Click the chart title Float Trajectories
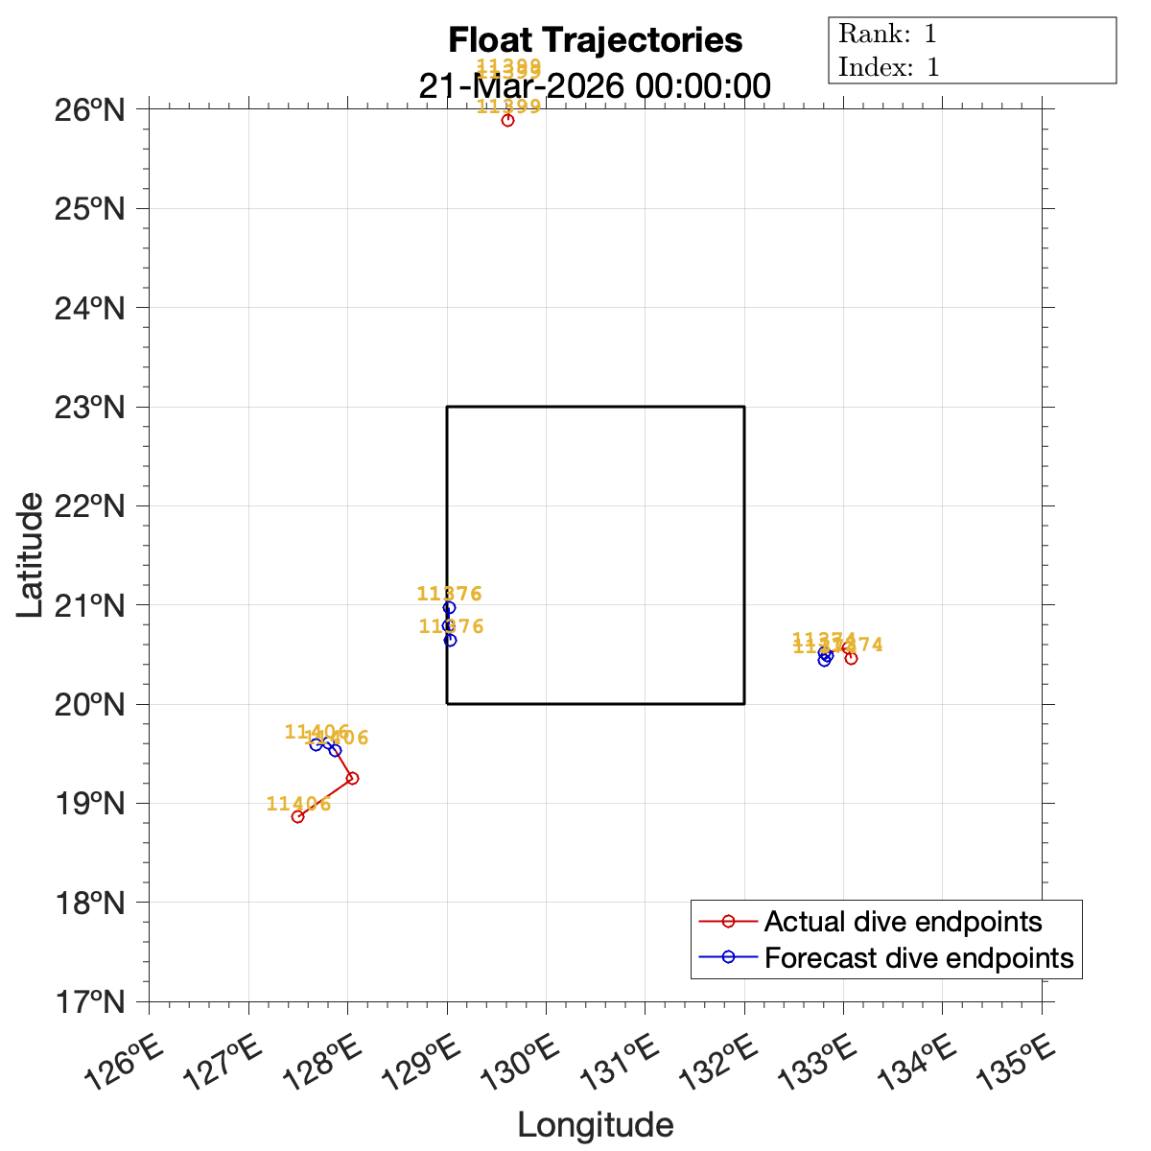pyautogui.click(x=595, y=40)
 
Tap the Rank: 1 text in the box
pyautogui.click(x=887, y=35)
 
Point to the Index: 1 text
pyautogui.click(x=889, y=67)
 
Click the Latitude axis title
pyautogui.click(x=31, y=554)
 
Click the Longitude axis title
pyautogui.click(x=595, y=1125)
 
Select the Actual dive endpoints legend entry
pyautogui.click(x=903, y=922)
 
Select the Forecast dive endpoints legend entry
pyautogui.click(x=918, y=957)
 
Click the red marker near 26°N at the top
pyautogui.click(x=507, y=120)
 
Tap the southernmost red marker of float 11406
pyautogui.click(x=297, y=816)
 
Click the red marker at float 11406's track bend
pyautogui.click(x=352, y=778)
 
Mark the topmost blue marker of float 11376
pyautogui.click(x=449, y=607)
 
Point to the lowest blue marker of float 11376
pyautogui.click(x=450, y=640)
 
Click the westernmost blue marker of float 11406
pyautogui.click(x=316, y=744)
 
